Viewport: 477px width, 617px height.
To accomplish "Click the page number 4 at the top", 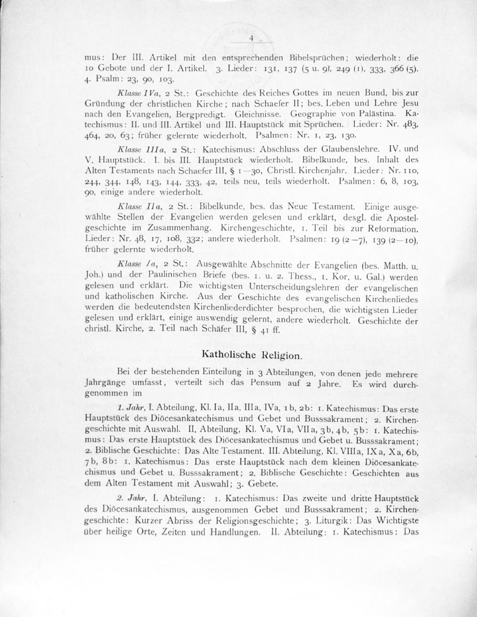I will [250, 40].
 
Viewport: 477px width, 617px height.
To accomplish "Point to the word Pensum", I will [267, 384].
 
